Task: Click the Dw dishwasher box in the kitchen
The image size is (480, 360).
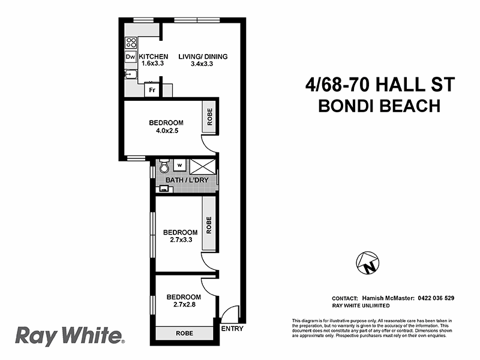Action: click(x=130, y=57)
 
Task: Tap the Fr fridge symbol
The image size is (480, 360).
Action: click(x=153, y=91)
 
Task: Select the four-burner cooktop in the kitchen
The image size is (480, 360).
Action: click(x=130, y=43)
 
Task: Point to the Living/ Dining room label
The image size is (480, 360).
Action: click(x=203, y=57)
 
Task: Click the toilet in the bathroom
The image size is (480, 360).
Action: click(x=164, y=166)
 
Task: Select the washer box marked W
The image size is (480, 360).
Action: click(x=179, y=165)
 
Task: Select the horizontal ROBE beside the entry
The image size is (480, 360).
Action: click(x=184, y=334)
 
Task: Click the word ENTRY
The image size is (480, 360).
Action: click(x=232, y=329)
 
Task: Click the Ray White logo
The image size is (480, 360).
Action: click(x=69, y=335)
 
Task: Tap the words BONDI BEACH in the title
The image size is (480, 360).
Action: click(x=379, y=106)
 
